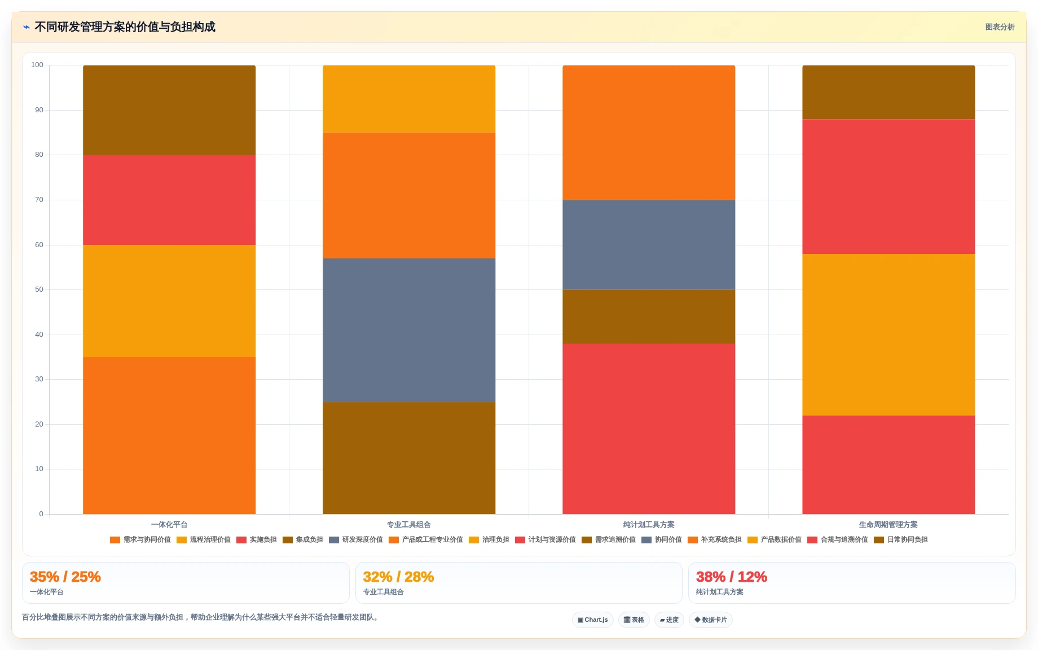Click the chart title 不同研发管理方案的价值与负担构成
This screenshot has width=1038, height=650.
click(x=125, y=27)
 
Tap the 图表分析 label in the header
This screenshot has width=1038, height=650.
click(x=1000, y=27)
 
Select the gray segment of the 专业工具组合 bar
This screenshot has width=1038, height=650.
click(x=409, y=330)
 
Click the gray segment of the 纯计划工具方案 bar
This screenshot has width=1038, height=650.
click(x=649, y=245)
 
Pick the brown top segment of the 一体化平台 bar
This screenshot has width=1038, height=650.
click(x=169, y=110)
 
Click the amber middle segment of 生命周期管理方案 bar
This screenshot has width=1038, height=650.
click(x=889, y=335)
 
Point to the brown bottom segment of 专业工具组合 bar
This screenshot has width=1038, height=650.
click(x=409, y=458)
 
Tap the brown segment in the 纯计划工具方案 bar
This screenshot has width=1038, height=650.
click(x=649, y=317)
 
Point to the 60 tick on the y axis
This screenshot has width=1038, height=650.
click(x=39, y=245)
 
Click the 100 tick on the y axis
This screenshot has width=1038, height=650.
click(x=37, y=65)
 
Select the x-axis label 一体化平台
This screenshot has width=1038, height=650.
click(x=169, y=525)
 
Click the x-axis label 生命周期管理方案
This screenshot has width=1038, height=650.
click(x=889, y=525)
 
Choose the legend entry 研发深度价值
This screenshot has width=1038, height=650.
click(x=356, y=540)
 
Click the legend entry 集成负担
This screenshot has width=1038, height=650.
click(x=303, y=540)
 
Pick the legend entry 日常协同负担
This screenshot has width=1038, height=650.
click(x=901, y=540)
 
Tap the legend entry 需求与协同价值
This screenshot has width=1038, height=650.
click(x=140, y=540)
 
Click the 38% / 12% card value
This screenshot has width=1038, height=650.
click(x=732, y=577)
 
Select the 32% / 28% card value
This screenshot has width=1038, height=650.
click(x=398, y=577)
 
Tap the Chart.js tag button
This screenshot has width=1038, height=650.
click(x=593, y=620)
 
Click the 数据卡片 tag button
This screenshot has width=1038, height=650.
click(x=711, y=620)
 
